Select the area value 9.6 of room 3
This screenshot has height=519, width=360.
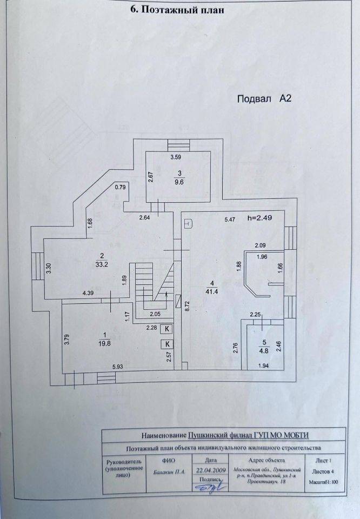pyautogui.click(x=179, y=182)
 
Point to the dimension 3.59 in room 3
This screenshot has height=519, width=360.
pyautogui.click(x=176, y=157)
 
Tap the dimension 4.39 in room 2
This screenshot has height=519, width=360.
pyautogui.click(x=89, y=294)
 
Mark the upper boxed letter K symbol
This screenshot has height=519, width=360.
pyautogui.click(x=167, y=328)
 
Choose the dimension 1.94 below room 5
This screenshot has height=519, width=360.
pyautogui.click(x=263, y=367)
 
